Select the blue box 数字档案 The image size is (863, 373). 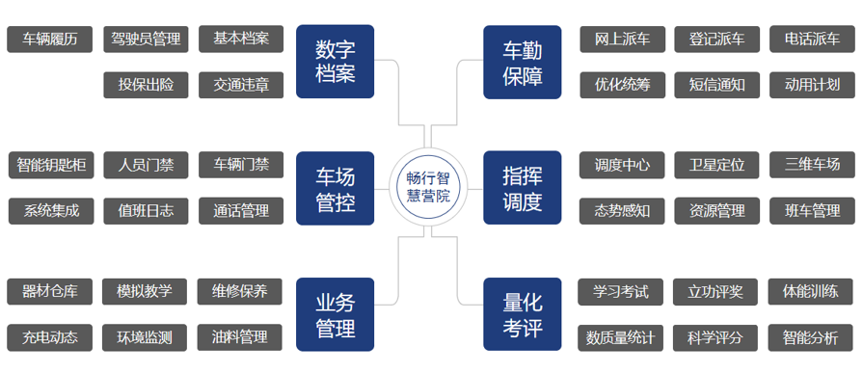336,61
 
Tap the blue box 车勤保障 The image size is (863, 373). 523,61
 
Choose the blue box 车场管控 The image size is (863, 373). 336,188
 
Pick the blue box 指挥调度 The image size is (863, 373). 523,188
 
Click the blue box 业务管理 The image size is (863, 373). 336,314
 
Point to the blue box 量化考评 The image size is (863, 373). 523,314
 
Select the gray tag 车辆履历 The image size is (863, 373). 50,39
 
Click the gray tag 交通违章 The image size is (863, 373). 241,85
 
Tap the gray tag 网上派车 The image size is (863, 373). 622,39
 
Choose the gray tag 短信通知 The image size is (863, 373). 716,85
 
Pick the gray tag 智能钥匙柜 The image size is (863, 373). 50,165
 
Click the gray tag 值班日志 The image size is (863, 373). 146,210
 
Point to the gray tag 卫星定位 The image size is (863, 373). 716,165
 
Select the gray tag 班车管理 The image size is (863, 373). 812,210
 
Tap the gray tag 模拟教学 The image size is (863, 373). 146,291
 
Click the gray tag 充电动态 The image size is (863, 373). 50,337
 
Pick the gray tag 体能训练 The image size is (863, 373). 812,291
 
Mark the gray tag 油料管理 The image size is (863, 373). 241,337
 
